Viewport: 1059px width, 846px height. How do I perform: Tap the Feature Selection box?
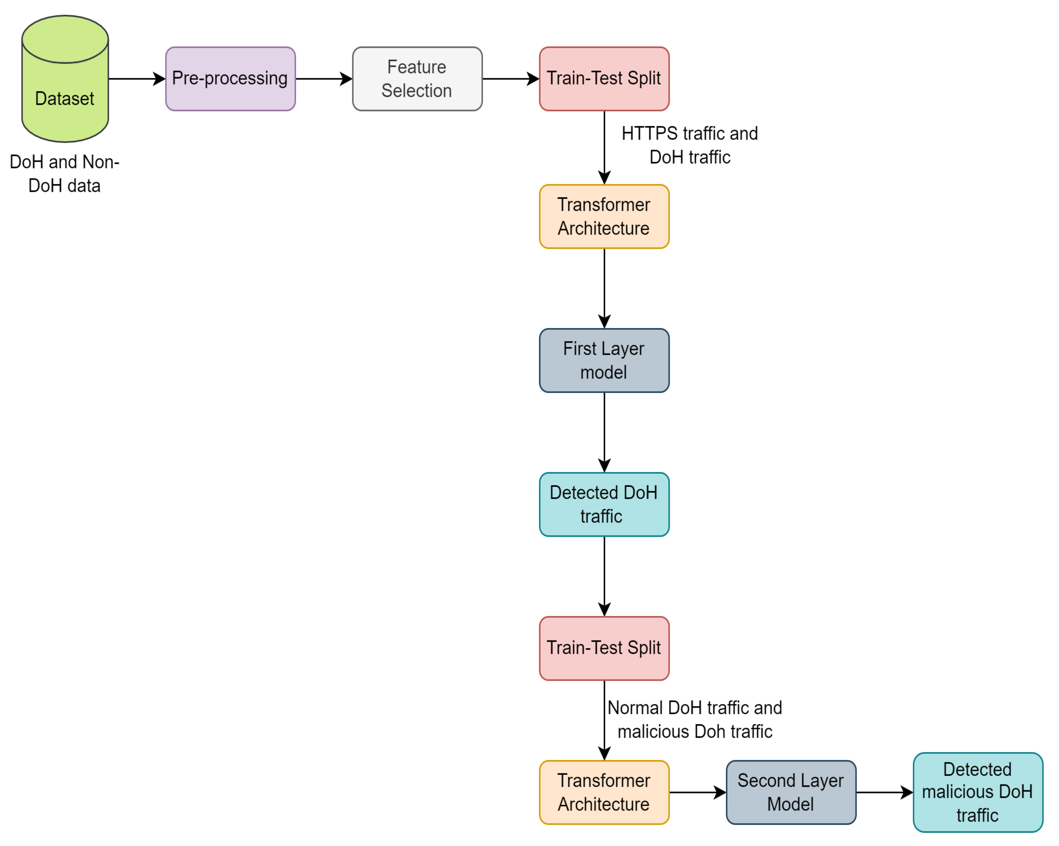(417, 79)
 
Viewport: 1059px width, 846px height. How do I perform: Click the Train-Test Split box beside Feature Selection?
(604, 79)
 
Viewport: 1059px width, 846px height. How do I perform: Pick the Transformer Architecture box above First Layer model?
(604, 217)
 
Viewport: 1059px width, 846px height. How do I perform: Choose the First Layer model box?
(604, 361)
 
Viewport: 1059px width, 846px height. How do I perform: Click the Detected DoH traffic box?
(604, 505)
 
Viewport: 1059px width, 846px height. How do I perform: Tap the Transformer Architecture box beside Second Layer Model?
(604, 792)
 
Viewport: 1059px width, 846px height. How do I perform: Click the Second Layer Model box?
(791, 792)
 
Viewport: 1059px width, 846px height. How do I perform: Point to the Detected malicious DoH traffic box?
(977, 792)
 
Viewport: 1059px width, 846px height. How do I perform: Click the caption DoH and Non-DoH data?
(64, 174)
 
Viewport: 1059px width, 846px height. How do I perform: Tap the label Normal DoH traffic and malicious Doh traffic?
(695, 720)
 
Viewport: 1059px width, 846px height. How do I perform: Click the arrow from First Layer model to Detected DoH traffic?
(604, 432)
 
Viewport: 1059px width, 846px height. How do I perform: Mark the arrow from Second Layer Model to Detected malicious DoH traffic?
(884, 792)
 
